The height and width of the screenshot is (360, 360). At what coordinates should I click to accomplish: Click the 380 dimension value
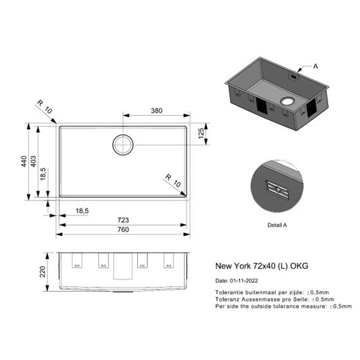coord(157,110)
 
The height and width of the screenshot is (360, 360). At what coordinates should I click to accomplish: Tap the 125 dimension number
coord(201,133)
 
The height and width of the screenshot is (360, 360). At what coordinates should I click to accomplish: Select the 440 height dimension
coord(24,161)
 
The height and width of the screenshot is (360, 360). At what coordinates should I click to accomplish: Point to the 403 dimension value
coord(33,161)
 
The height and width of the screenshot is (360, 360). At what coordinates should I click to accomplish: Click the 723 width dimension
coord(123,220)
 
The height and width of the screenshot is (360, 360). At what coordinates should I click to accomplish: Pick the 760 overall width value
coord(123,229)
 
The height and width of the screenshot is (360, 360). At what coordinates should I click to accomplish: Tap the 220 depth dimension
coord(43,272)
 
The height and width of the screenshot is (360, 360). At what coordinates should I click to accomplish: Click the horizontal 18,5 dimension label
coord(82,211)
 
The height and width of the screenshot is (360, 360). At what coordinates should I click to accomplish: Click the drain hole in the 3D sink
coord(287,101)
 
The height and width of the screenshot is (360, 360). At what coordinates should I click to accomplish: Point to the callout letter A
coord(316,67)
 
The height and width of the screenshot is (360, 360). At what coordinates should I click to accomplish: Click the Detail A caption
coord(277,225)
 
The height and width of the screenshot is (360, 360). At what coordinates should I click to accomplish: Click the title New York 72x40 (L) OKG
coord(262,266)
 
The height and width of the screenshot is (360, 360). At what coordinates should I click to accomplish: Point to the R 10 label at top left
coord(44,107)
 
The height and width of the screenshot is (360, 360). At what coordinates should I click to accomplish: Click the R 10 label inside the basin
coord(173,181)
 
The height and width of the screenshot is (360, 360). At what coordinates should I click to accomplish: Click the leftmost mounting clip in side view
coord(77,260)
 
